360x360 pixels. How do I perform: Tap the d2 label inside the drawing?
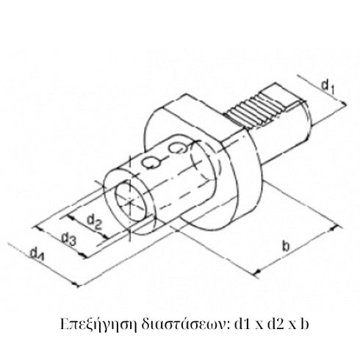pyautogui.click(x=94, y=220)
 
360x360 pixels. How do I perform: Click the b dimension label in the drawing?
pyautogui.click(x=284, y=245)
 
